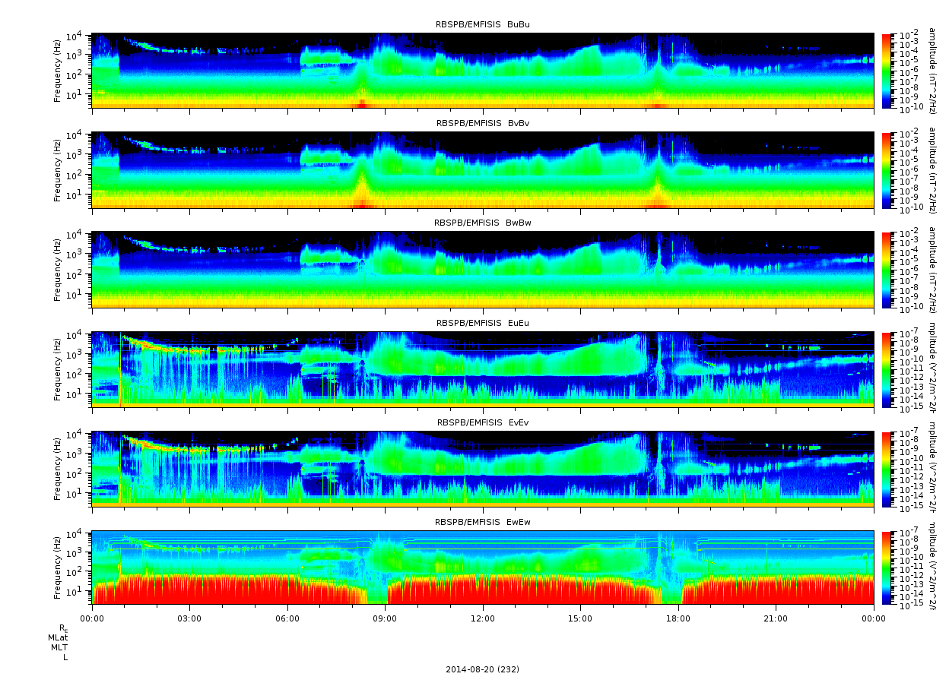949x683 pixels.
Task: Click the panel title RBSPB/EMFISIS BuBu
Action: [x=482, y=24]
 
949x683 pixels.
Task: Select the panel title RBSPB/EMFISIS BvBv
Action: [x=482, y=123]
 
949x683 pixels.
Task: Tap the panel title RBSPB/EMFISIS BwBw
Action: [x=482, y=223]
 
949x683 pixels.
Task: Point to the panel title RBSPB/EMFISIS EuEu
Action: [x=482, y=323]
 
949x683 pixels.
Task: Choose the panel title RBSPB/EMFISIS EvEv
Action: [x=482, y=422]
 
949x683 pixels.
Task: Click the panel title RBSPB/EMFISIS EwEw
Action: [x=482, y=522]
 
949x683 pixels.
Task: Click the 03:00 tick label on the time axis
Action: [x=189, y=618]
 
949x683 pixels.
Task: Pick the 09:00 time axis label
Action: [x=385, y=618]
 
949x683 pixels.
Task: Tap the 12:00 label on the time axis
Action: [x=483, y=618]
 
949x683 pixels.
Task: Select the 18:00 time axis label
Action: [x=678, y=618]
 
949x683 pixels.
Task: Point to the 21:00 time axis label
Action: [x=776, y=618]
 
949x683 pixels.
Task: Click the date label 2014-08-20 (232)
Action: [x=482, y=669]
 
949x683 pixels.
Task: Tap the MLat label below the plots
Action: [x=58, y=637]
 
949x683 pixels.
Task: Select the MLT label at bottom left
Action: [x=59, y=647]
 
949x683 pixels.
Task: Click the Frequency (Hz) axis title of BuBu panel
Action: [x=57, y=71]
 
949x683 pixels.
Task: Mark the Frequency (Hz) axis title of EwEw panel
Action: [x=57, y=568]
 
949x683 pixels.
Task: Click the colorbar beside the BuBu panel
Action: [x=886, y=71]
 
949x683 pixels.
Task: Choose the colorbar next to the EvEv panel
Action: [x=886, y=469]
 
